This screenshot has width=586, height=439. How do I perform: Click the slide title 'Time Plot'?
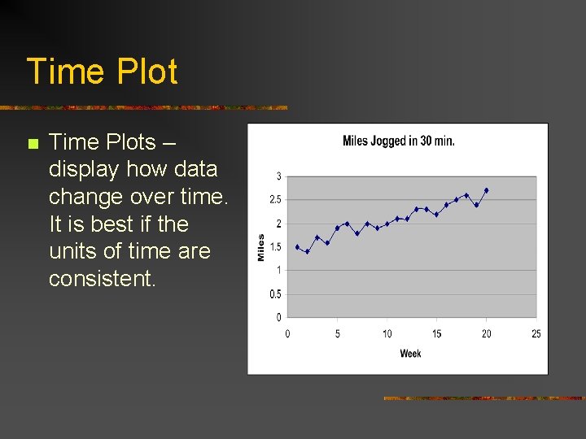click(x=102, y=72)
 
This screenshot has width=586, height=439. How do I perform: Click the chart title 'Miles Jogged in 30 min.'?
click(x=399, y=141)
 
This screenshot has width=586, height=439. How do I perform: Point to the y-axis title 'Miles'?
click(x=261, y=247)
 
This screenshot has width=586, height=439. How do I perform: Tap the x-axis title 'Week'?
click(x=411, y=354)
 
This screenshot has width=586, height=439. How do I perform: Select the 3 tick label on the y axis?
click(x=279, y=176)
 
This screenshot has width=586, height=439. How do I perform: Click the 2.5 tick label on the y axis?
click(x=276, y=200)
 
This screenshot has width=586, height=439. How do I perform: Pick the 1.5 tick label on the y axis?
click(x=276, y=247)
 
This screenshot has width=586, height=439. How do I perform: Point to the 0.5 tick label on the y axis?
click(x=276, y=294)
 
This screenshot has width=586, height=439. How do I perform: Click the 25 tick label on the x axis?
click(x=536, y=333)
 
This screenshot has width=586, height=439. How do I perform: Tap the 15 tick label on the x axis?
click(x=436, y=333)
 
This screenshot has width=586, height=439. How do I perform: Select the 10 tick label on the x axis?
click(x=387, y=333)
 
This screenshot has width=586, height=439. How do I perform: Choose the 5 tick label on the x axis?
click(x=338, y=333)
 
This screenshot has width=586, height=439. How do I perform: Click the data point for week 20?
click(x=487, y=190)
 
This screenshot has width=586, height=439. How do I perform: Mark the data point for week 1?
click(x=297, y=246)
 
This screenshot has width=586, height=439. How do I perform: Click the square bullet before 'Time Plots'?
click(x=33, y=145)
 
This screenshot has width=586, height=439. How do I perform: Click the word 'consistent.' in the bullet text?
click(x=102, y=279)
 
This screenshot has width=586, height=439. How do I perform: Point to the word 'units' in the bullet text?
click(x=72, y=251)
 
